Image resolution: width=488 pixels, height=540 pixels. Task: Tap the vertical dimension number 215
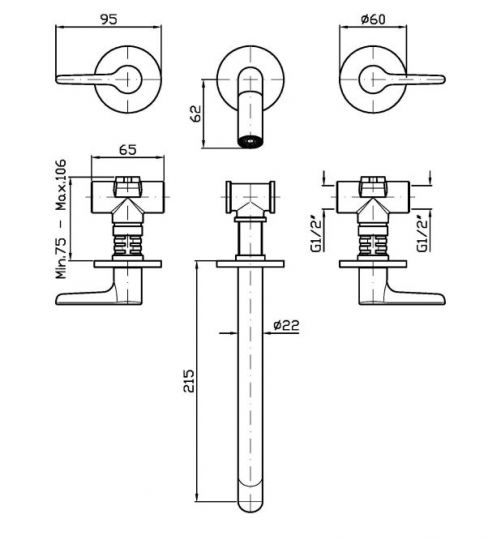coord(189,381)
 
